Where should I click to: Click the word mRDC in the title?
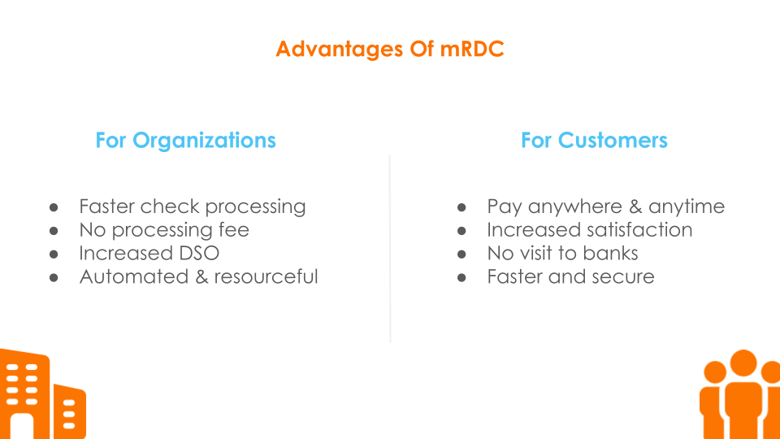pyautogui.click(x=471, y=49)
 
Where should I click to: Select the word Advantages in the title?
pyautogui.click(x=340, y=50)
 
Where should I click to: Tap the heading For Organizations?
pyautogui.click(x=185, y=141)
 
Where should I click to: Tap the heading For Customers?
pyautogui.click(x=594, y=141)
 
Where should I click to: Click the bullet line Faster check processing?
pyautogui.click(x=193, y=206)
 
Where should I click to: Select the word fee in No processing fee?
pyautogui.click(x=234, y=229)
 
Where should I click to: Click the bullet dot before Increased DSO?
pyautogui.click(x=54, y=254)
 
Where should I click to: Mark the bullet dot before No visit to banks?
pyautogui.click(x=461, y=254)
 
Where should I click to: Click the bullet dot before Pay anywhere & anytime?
pyautogui.click(x=461, y=207)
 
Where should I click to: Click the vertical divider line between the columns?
pyautogui.click(x=390, y=249)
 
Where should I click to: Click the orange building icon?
pyautogui.click(x=43, y=394)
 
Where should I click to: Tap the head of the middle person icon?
pyautogui.click(x=743, y=363)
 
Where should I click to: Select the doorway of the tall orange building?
pyautogui.click(x=22, y=426)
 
